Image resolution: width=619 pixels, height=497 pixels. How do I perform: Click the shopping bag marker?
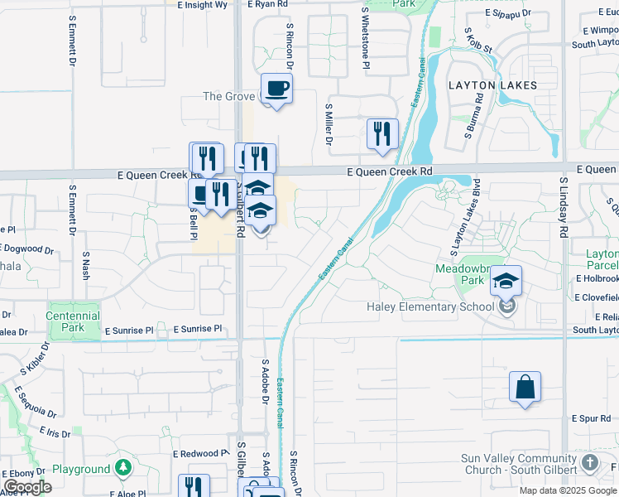point(525,387)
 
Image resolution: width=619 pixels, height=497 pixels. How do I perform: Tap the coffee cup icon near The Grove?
point(276,88)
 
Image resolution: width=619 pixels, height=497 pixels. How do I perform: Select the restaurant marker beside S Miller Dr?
point(382,133)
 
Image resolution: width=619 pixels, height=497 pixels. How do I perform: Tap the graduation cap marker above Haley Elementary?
point(506,282)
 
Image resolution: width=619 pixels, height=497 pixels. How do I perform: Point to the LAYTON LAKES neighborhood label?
point(492,85)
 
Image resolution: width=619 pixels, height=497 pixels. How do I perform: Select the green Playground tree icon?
point(123,469)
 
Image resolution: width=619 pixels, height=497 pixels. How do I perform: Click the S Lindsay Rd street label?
point(563,207)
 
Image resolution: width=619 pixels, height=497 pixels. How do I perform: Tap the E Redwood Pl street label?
point(200,454)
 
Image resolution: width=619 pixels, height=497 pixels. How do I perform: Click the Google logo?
point(26,487)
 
